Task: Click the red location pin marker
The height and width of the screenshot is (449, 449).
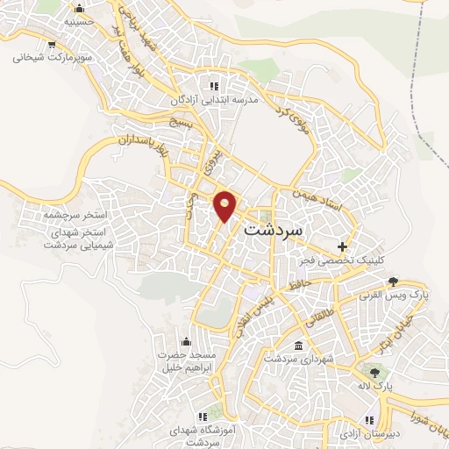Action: pyautogui.click(x=225, y=206)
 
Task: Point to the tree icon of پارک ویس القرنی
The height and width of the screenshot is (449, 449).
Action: pyautogui.click(x=394, y=282)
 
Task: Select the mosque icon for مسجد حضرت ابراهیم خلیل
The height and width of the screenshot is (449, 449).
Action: pyautogui.click(x=185, y=340)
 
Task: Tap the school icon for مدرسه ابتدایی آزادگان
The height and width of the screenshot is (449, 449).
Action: pyautogui.click(x=213, y=86)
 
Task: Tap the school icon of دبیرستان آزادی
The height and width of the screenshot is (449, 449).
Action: pyautogui.click(x=367, y=418)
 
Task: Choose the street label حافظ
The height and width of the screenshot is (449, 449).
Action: pyautogui.click(x=298, y=283)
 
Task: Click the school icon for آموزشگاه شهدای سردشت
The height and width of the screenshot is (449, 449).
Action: pyautogui.click(x=201, y=417)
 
